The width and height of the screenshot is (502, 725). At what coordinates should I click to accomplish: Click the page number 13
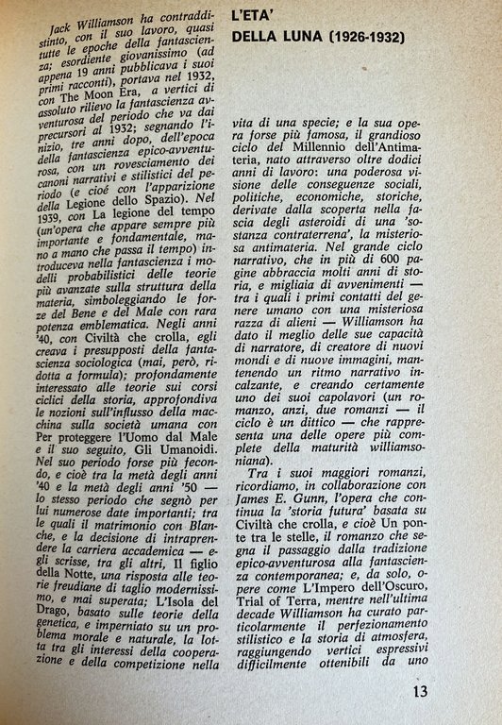tap(421, 691)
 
